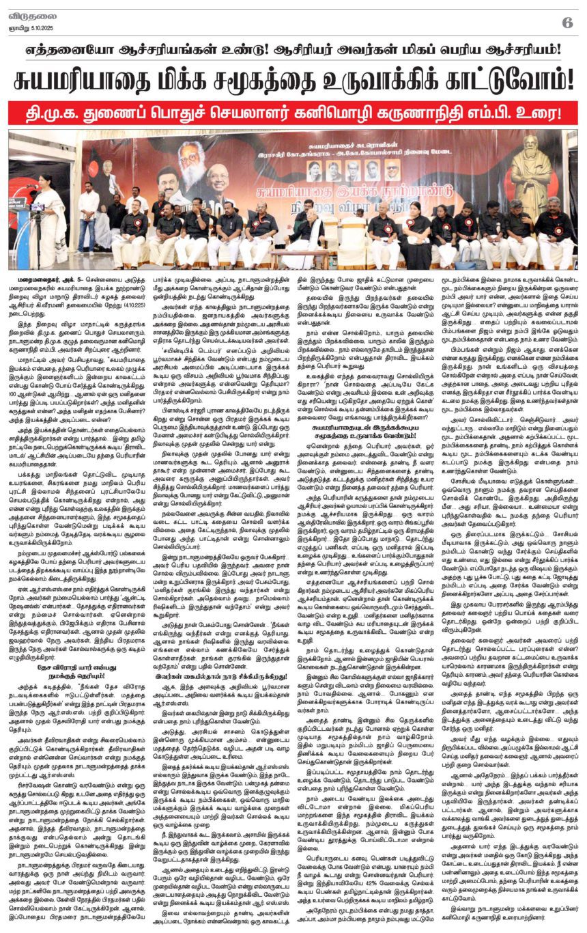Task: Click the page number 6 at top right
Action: click(567, 22)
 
